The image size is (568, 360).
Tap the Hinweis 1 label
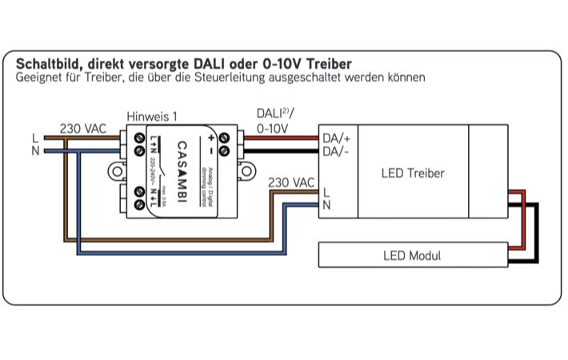coord(152,116)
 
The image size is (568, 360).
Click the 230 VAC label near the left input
coord(83,128)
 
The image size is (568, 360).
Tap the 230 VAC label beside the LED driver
coord(291,182)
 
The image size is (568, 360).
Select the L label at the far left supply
coord(34,138)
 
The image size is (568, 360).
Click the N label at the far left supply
coord(34,150)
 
